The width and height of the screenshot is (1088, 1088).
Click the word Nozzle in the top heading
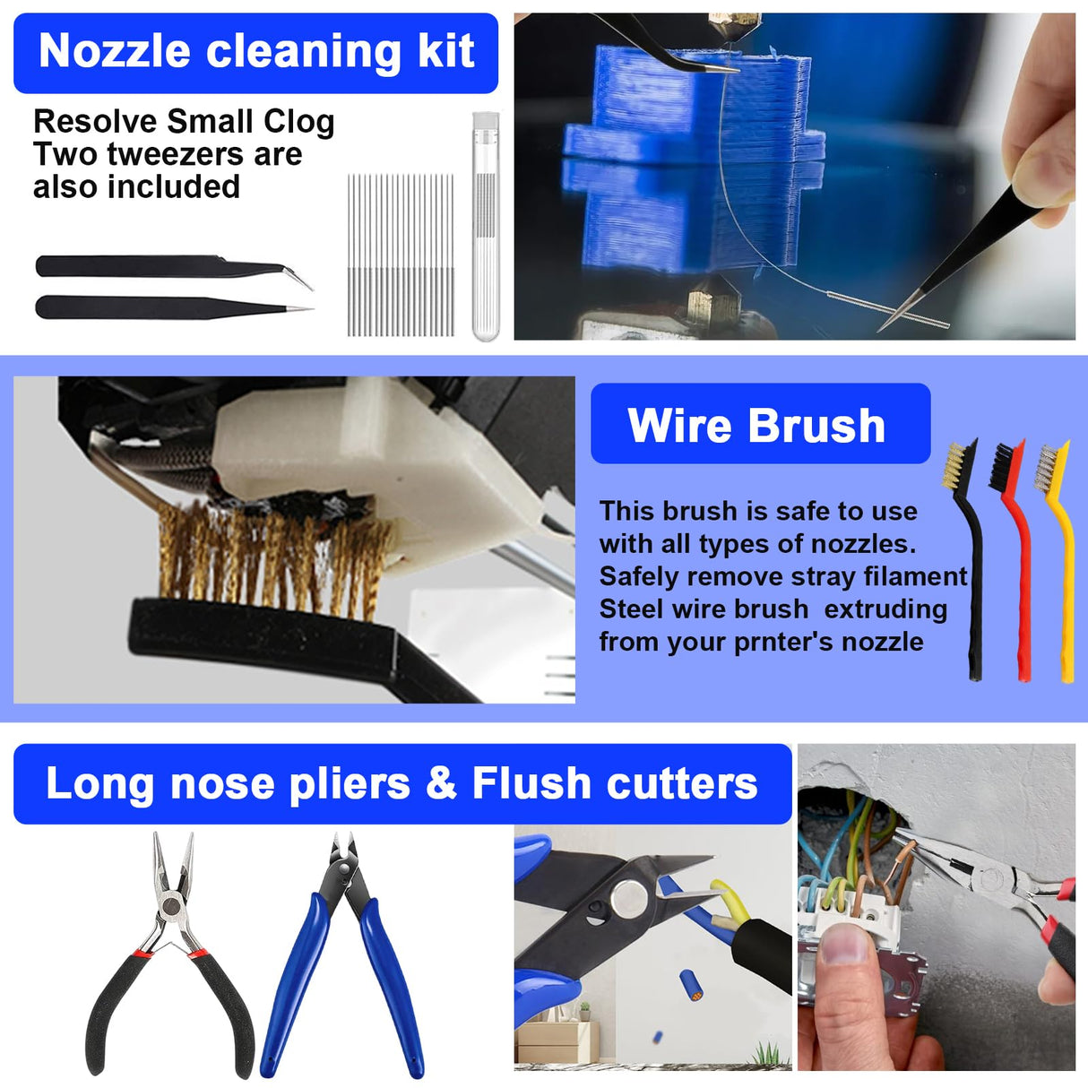click(113, 51)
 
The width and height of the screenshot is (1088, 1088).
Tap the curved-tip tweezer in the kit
click(134, 266)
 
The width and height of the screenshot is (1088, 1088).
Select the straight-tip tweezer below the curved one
click(134, 307)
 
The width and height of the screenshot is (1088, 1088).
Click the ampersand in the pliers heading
click(441, 782)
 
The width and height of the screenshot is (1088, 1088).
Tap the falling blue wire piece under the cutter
click(690, 986)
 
